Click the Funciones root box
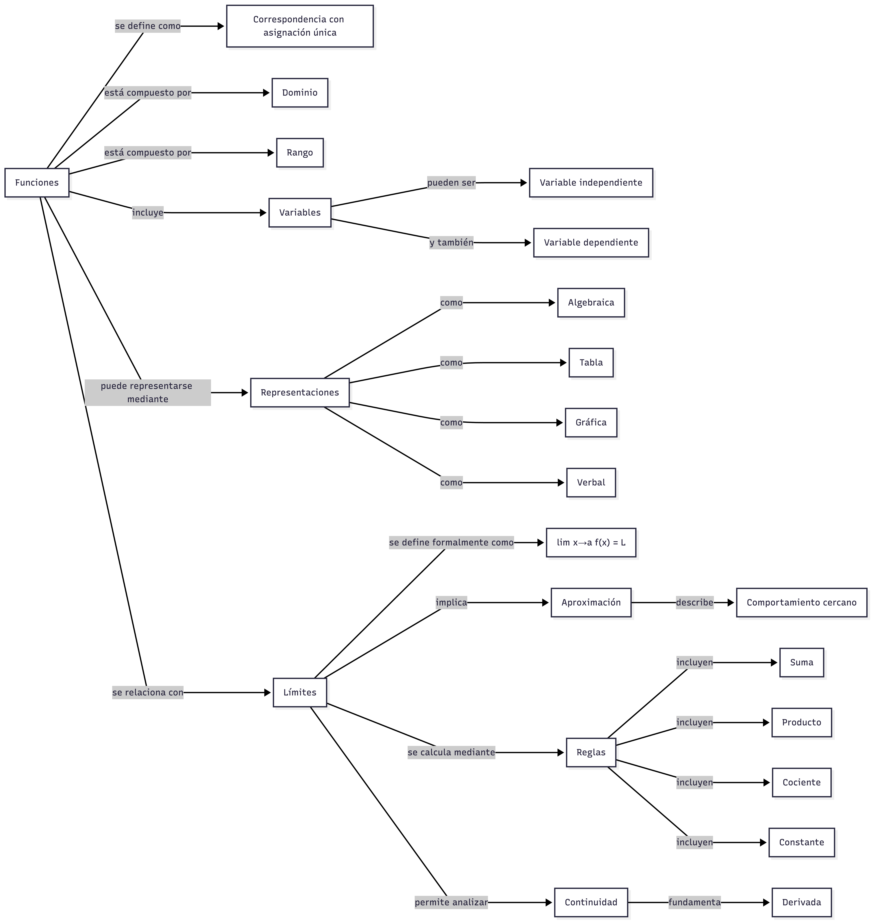pos(37,183)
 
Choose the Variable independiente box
pos(591,183)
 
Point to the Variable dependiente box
pos(591,243)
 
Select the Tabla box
pos(591,363)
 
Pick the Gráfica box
pos(591,423)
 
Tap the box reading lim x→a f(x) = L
pos(591,543)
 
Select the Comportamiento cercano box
pos(801,603)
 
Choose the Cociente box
pos(801,783)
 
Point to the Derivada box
pos(801,902)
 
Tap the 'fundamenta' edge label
pos(694,902)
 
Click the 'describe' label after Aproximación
pos(694,603)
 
